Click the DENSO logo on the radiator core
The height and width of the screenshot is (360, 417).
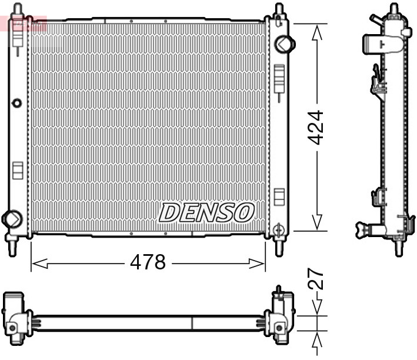206,213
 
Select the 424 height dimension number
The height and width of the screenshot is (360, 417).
316,127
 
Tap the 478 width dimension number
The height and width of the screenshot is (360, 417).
148,262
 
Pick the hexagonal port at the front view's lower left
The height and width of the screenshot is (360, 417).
11,218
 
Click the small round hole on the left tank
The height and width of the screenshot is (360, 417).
17,104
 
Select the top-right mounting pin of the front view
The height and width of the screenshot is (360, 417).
278,10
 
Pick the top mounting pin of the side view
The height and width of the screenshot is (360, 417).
393,8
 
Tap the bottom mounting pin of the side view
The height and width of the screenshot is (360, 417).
398,247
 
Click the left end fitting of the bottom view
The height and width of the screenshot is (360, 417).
16,316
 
